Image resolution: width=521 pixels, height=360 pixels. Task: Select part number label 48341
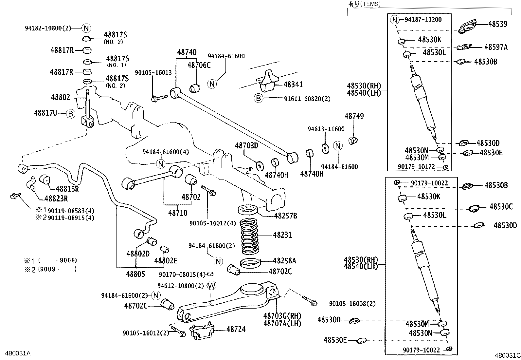[x=293, y=85]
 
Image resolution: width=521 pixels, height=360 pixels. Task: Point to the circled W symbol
[x=212, y=286]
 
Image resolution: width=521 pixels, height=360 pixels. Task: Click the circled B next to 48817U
[x=70, y=114]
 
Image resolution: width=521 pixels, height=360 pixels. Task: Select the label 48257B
[x=285, y=216]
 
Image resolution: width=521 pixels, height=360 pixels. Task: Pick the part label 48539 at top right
[x=498, y=24]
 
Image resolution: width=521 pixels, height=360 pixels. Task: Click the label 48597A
[x=496, y=47]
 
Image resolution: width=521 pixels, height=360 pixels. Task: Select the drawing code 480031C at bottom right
[x=507, y=355]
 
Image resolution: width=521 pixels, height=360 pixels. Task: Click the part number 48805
[x=135, y=274]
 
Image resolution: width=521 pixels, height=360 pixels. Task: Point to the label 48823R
[x=56, y=199]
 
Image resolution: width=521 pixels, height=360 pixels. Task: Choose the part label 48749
[x=354, y=116]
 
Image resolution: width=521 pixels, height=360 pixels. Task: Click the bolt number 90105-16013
[x=153, y=73]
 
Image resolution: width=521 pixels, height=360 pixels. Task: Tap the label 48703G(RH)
[x=282, y=316]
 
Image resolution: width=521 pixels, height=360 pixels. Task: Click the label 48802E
[x=166, y=261]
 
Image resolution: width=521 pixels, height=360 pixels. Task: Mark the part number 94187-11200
[x=423, y=20]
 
